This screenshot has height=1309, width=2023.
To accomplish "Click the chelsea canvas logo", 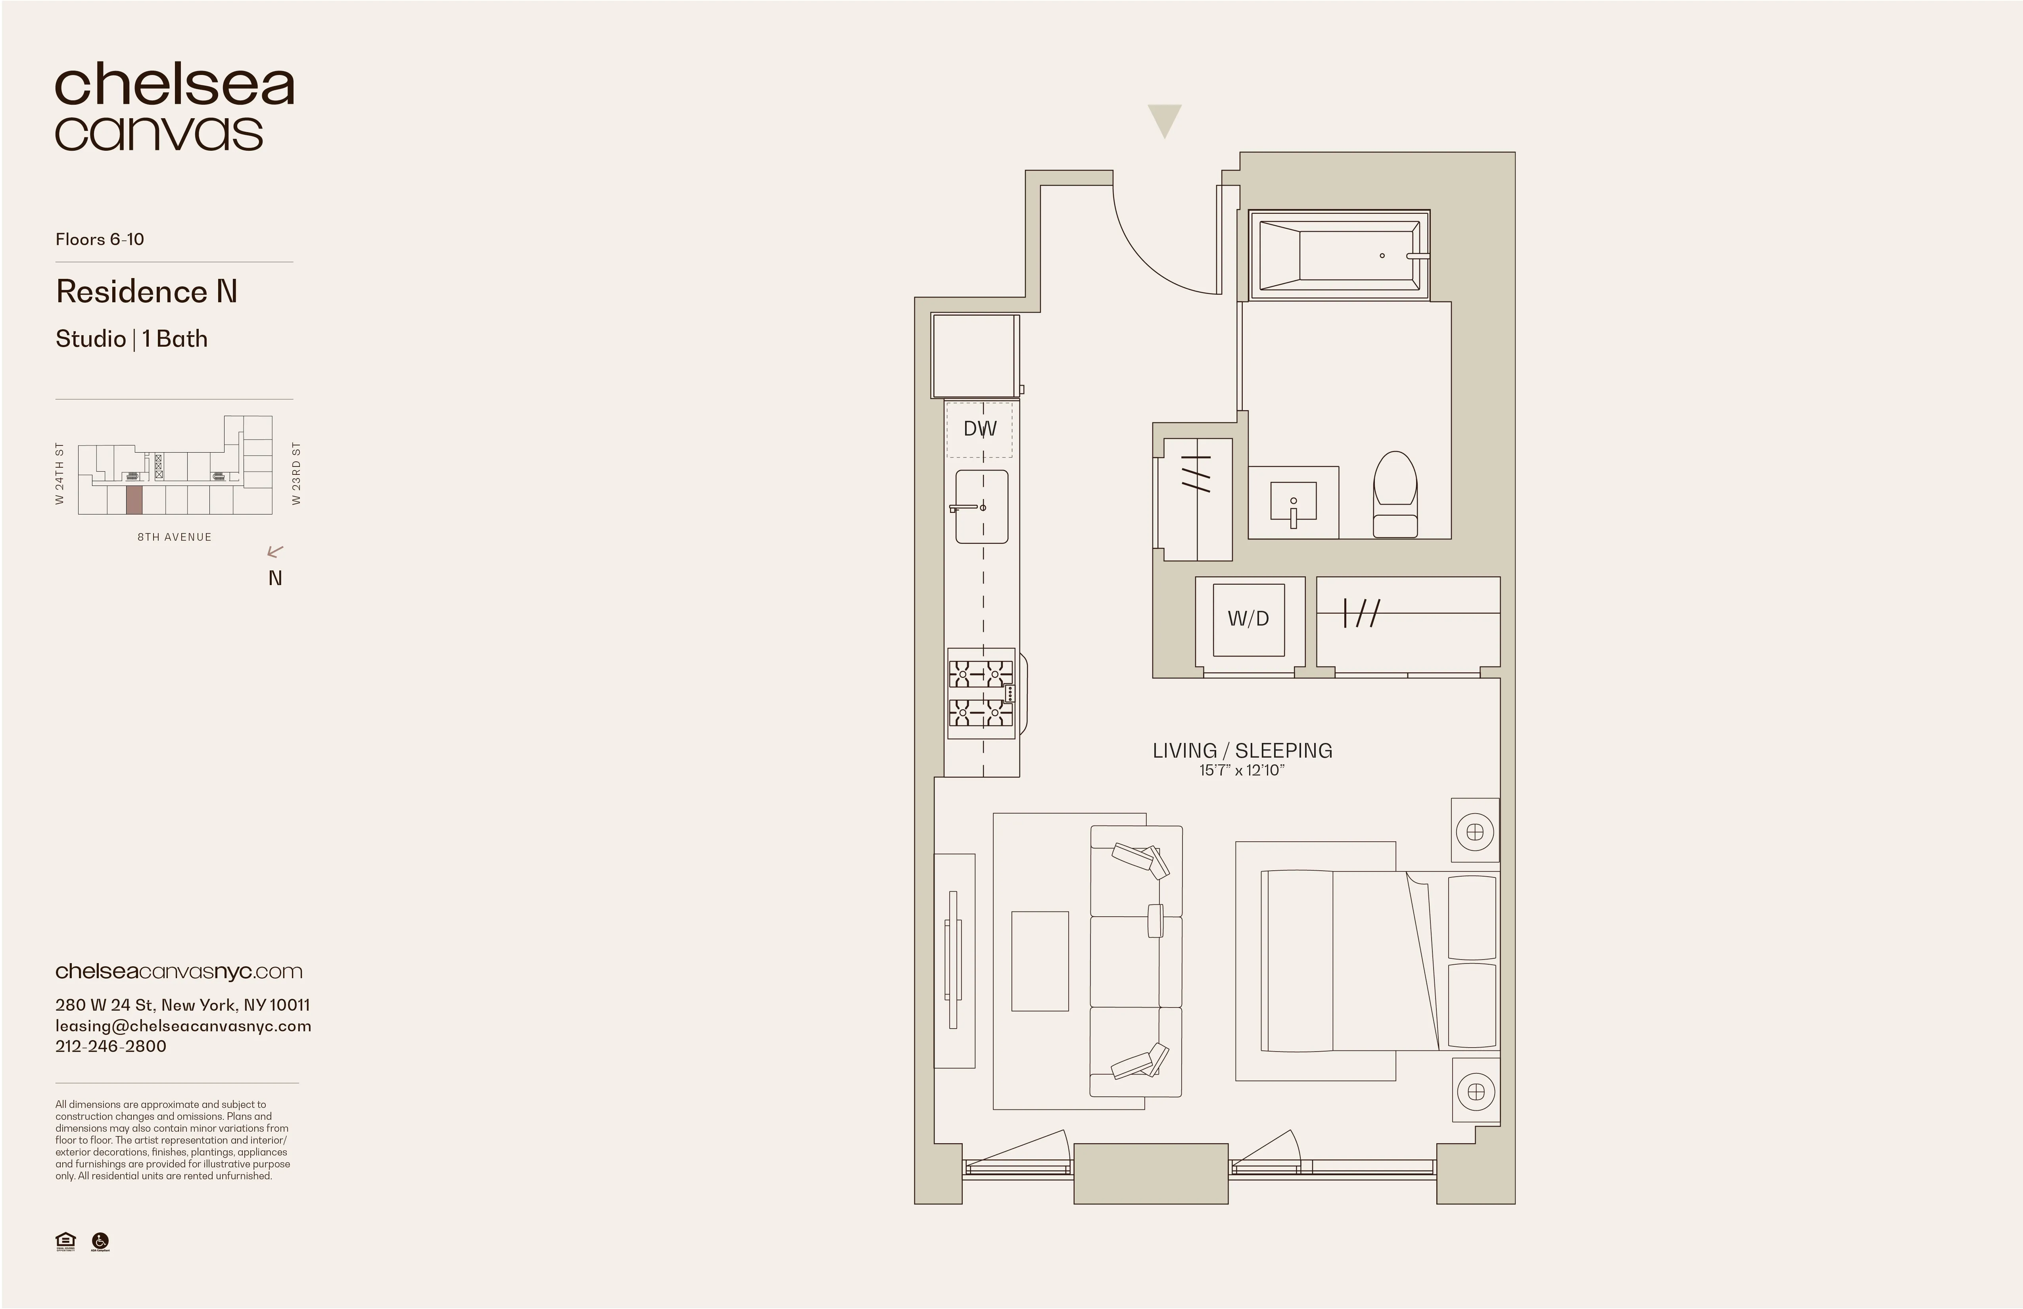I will point(174,108).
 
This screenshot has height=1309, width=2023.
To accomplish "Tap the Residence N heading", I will point(146,292).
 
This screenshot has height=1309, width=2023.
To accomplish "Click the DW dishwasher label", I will point(979,429).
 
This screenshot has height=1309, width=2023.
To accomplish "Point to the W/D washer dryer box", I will point(1248,619).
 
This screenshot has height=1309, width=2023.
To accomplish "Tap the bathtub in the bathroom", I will point(1339,255).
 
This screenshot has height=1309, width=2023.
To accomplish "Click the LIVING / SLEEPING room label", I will point(1242,750).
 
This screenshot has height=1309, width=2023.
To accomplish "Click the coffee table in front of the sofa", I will point(1040,960).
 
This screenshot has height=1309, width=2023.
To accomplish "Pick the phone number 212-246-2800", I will point(111,1046).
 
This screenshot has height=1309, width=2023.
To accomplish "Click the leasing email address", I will point(183,1026).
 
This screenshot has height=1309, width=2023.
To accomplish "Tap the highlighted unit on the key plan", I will point(133,501).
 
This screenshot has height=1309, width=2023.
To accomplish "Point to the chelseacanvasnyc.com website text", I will point(178,971).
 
